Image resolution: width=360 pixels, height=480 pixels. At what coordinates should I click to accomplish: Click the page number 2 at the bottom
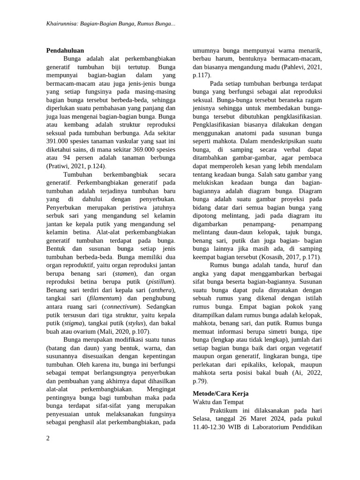pyautogui.click(x=48, y=438)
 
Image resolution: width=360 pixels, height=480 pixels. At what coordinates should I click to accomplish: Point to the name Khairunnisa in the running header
pyautogui.click(x=63, y=23)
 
